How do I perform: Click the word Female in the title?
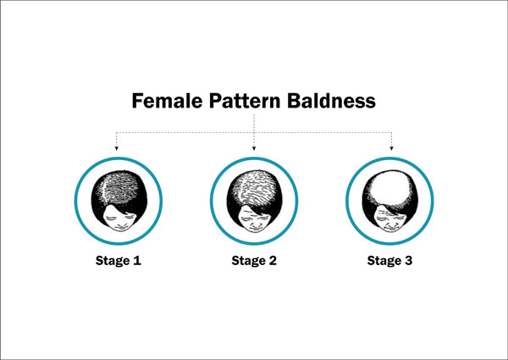point(167,101)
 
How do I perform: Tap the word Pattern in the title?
point(245,101)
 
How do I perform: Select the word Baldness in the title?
point(331,101)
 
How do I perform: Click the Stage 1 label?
point(119,261)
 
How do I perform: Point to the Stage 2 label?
point(254,261)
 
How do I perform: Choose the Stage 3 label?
point(389,261)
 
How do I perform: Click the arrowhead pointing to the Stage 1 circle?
point(116,148)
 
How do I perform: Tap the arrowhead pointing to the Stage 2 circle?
point(254,148)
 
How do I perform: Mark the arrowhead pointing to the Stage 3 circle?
point(391,148)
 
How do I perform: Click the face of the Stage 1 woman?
point(119,220)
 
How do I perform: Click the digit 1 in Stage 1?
point(137,261)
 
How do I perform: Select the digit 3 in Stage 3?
point(409,261)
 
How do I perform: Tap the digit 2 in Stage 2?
point(273,261)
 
